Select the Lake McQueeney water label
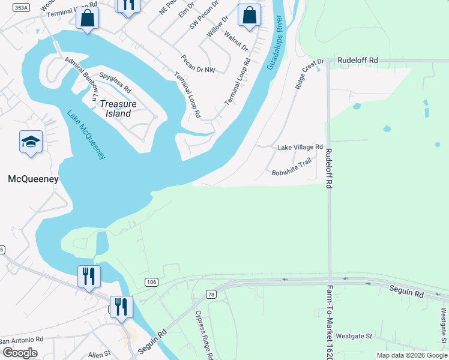click(x=86, y=134)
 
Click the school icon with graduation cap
click(x=31, y=142)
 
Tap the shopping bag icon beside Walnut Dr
click(x=249, y=14)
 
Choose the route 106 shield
click(x=151, y=281)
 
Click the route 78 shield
click(x=210, y=293)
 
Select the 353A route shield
click(x=21, y=8)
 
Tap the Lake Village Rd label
click(x=300, y=147)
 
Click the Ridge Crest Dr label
click(x=309, y=74)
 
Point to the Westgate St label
click(x=354, y=336)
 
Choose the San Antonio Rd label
click(x=22, y=340)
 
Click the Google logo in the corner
click(x=20, y=353)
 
